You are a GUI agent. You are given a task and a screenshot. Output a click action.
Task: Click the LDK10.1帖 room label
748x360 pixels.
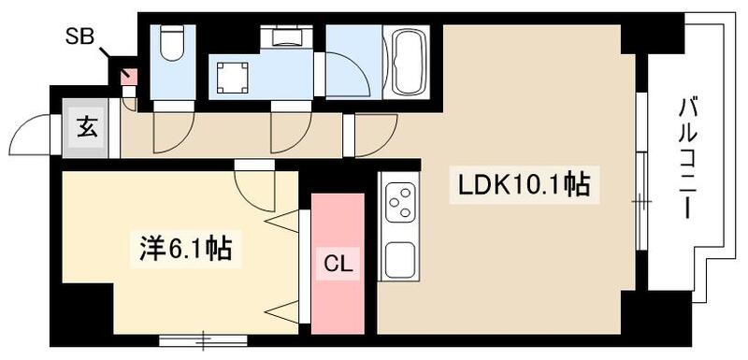tap(524, 186)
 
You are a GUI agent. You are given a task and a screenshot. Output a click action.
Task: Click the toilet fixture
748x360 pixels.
tap(173, 43)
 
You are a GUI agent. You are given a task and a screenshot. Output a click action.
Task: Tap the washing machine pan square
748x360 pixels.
tap(231, 78)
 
